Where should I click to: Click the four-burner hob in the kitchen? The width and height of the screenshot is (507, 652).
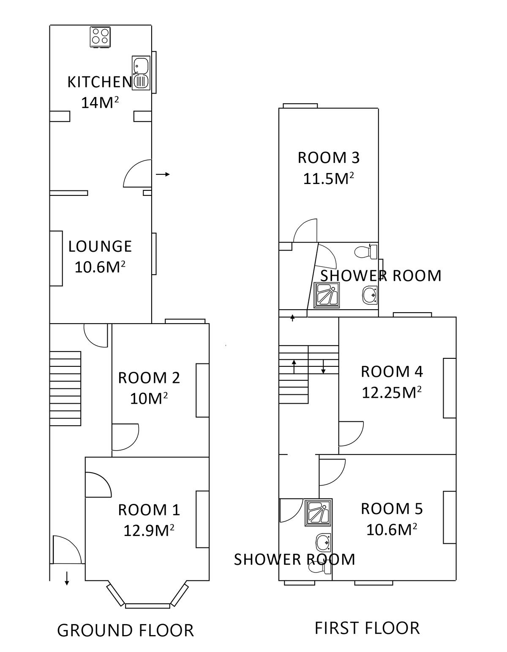pos(100,37)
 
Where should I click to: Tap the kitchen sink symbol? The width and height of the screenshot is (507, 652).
pos(140,73)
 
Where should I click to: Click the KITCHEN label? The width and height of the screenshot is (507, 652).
pos(100,82)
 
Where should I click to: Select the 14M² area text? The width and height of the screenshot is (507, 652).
pos(100,103)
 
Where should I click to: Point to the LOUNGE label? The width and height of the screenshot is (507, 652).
pos(100,246)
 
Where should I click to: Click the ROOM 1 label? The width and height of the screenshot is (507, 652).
pos(149,510)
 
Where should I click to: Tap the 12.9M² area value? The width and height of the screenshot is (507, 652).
pos(149,531)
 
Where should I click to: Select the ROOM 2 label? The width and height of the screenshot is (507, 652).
pos(149,378)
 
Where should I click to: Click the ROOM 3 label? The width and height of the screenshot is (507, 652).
pos(329,158)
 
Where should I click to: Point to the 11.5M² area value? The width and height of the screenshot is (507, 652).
pos(329,179)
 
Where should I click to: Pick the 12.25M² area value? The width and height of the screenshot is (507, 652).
pos(392,392)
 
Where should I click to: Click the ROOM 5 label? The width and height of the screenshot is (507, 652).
pos(392,509)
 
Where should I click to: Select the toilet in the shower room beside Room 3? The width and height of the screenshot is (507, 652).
pos(365,252)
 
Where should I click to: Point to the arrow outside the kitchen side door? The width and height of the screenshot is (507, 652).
pos(163,174)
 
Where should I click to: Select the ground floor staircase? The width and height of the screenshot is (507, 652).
pos(65,388)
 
